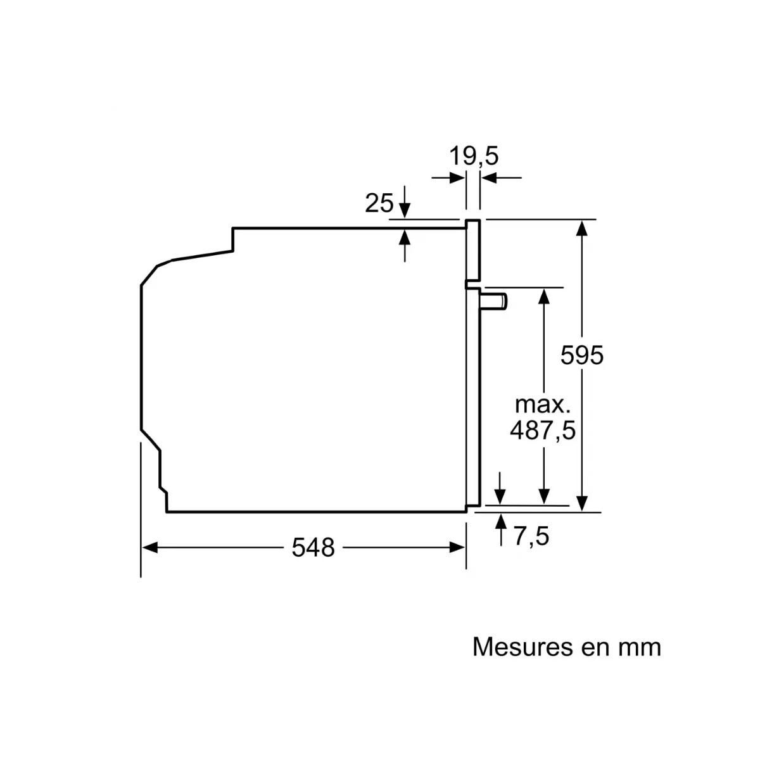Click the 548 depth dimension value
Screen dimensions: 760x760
point(313,547)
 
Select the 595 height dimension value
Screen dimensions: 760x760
point(582,355)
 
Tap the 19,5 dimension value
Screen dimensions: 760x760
point(474,155)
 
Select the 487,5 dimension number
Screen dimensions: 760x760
point(543,431)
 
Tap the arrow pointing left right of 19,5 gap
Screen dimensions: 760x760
point(488,178)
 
